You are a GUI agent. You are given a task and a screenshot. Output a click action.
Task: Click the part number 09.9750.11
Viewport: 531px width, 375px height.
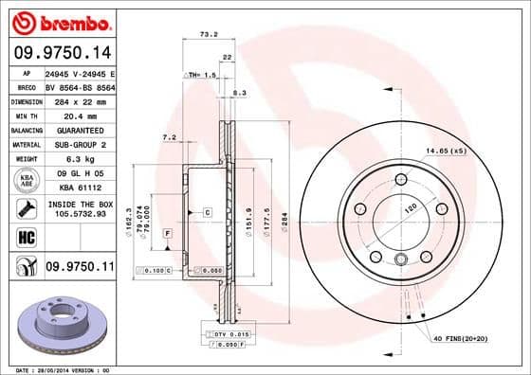click(x=80, y=268)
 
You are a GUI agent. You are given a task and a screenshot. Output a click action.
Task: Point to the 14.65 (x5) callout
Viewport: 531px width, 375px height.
click(x=446, y=152)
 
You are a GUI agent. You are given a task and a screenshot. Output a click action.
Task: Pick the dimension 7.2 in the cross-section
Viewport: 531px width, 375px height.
click(x=170, y=137)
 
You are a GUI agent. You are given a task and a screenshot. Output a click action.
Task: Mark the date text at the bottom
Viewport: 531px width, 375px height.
click(x=59, y=369)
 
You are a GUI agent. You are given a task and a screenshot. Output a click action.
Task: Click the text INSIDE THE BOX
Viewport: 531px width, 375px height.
click(x=79, y=204)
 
